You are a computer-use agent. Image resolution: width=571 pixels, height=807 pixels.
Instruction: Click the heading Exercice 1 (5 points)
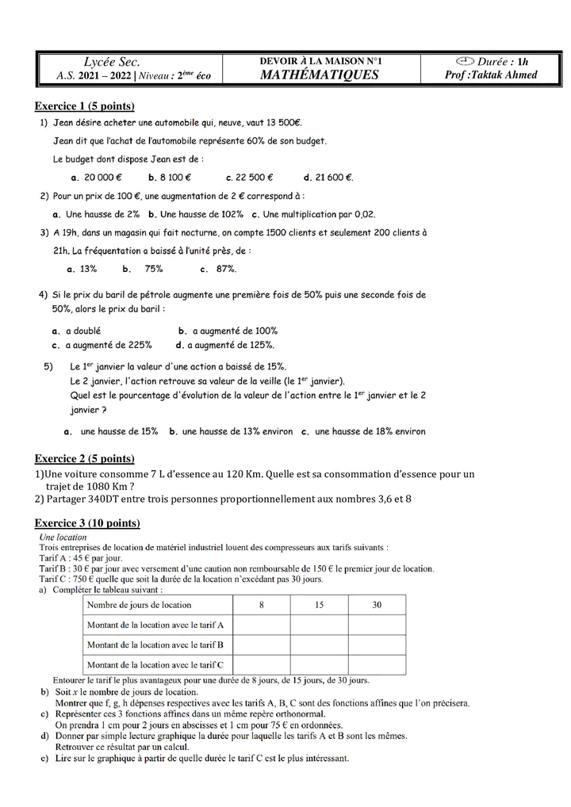tap(85, 106)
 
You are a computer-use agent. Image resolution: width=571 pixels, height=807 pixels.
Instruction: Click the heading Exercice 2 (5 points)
tap(85, 459)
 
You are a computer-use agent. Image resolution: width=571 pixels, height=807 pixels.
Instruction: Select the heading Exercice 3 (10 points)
tap(87, 523)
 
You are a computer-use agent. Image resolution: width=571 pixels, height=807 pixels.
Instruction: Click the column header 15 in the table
tap(318, 605)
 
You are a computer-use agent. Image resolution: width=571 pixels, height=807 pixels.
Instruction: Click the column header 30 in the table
tap(377, 605)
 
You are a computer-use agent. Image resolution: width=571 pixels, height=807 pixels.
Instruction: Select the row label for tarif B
tap(155, 644)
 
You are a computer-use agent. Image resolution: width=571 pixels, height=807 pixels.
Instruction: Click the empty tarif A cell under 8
tap(261, 625)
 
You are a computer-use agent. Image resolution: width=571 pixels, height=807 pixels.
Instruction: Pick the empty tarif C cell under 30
tap(377, 664)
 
